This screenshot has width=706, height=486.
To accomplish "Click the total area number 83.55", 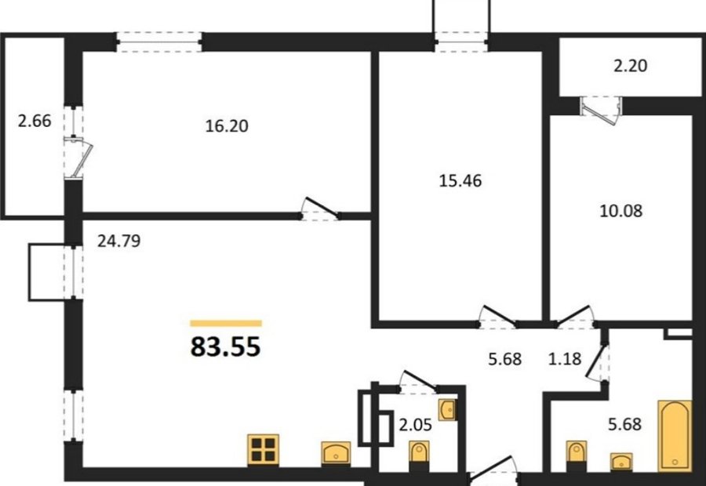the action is (x=226, y=347).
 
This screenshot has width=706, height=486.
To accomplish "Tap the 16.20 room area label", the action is (x=227, y=126).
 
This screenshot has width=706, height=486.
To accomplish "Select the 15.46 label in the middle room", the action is (x=460, y=181).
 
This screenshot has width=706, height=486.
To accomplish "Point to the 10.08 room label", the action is (x=621, y=211).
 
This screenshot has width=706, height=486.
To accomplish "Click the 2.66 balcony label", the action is (x=35, y=121).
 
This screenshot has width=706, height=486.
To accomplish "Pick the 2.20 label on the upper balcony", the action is (x=631, y=66).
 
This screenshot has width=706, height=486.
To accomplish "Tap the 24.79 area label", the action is (x=119, y=241).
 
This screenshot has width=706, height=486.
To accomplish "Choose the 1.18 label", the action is (x=565, y=359).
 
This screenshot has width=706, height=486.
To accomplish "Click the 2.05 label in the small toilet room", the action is (x=415, y=424).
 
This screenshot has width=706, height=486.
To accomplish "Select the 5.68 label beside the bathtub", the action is (x=624, y=424).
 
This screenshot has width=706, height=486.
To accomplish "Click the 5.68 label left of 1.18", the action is (x=504, y=359).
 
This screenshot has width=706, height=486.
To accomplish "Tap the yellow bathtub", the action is (x=675, y=436).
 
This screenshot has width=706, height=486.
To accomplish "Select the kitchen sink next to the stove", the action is (x=336, y=453).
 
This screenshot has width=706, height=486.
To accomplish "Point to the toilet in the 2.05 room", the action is (x=419, y=455).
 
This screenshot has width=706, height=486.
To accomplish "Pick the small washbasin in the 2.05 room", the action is (x=447, y=409).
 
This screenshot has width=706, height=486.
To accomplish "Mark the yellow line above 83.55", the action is (x=226, y=323).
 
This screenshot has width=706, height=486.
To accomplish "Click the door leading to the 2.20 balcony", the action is (x=600, y=111).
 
